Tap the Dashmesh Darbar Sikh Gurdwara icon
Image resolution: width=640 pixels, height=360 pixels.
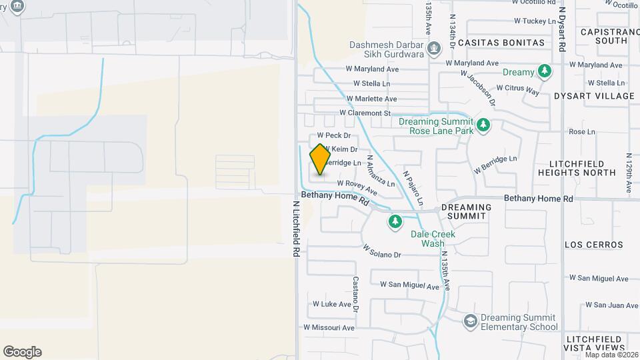(x=434, y=48)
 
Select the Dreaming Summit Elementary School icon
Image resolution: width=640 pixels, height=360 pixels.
(x=471, y=321)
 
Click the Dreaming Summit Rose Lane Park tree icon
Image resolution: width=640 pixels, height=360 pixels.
(x=483, y=125)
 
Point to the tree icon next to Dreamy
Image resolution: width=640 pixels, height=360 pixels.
(x=545, y=71)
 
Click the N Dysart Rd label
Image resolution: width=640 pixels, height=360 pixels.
(x=562, y=30)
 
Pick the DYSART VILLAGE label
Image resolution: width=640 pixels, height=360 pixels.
(x=594, y=96)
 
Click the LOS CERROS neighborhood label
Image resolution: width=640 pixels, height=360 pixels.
(x=594, y=245)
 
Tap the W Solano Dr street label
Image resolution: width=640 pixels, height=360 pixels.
(x=382, y=251)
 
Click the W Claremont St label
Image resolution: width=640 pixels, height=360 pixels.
(x=365, y=113)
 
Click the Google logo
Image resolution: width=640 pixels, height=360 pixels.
(x=22, y=352)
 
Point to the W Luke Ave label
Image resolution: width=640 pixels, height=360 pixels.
(x=331, y=304)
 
